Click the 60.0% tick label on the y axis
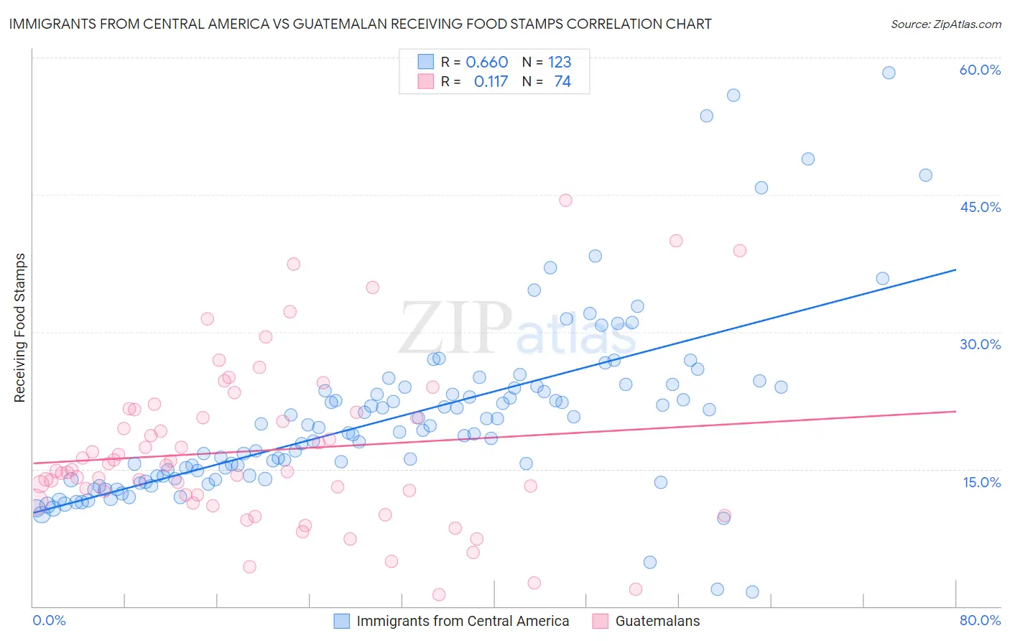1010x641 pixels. click(x=980, y=70)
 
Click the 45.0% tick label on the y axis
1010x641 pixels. click(x=980, y=207)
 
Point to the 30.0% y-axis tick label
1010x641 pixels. click(x=980, y=344)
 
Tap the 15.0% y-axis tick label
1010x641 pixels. click(x=981, y=482)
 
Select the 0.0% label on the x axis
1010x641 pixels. click(x=49, y=620)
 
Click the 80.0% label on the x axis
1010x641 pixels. click(x=980, y=620)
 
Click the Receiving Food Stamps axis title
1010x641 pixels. click(x=20, y=328)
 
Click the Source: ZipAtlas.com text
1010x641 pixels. click(x=945, y=24)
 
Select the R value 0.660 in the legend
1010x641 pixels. click(x=486, y=63)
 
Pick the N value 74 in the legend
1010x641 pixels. click(x=562, y=82)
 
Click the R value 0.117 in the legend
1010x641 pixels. click(x=491, y=82)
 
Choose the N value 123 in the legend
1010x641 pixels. click(x=560, y=63)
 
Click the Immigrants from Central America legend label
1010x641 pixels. click(x=463, y=621)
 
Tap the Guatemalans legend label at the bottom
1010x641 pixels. click(x=657, y=621)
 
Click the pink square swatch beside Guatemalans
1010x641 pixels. click(x=601, y=621)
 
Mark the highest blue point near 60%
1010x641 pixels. click(x=889, y=73)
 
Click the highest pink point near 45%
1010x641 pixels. click(x=565, y=200)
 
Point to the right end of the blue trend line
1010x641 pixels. click(x=955, y=269)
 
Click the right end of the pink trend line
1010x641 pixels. click(x=955, y=411)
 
